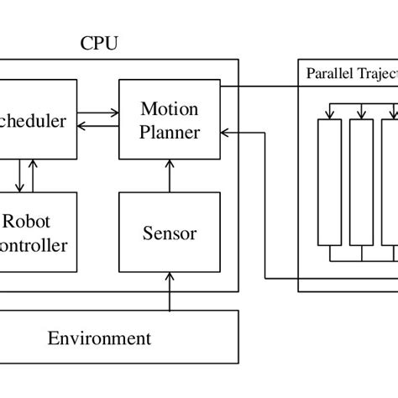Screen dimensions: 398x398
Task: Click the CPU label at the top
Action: [99, 43]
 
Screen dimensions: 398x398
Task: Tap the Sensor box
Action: [170, 233]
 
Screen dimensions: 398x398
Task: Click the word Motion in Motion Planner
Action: [170, 109]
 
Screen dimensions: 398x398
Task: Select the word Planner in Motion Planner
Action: [170, 132]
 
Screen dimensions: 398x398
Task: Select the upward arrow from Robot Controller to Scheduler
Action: [34, 175]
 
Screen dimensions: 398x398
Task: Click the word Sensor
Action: [170, 233]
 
